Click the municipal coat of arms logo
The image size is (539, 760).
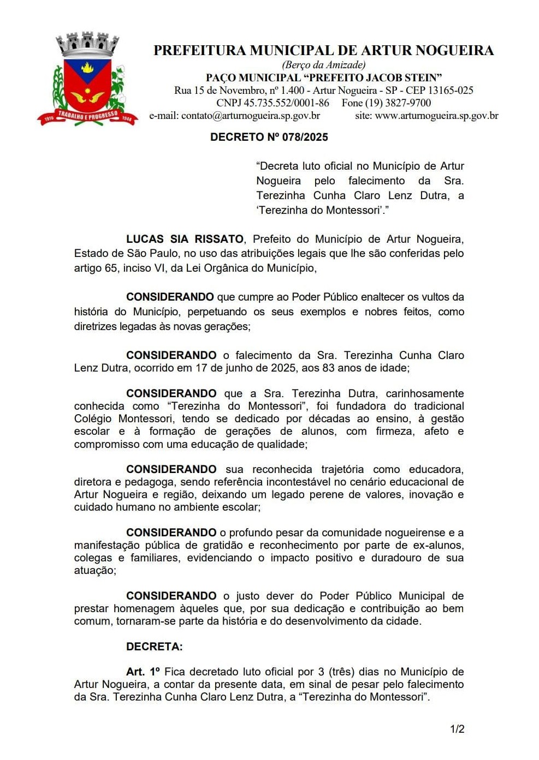tap(87, 81)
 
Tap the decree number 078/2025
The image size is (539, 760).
tap(305, 137)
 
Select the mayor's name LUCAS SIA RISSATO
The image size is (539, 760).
tap(185, 239)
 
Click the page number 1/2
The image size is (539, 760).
tap(457, 729)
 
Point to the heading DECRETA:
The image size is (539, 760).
tap(154, 647)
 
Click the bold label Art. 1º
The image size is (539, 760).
tap(143, 672)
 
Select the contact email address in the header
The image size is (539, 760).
tap(251, 116)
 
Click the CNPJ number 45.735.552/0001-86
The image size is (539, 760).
tap(286, 103)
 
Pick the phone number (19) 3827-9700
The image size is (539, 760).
tap(398, 103)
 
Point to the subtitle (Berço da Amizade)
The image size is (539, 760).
tap(324, 65)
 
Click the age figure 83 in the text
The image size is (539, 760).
tap(328, 368)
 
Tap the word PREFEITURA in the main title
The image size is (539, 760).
tap(199, 51)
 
